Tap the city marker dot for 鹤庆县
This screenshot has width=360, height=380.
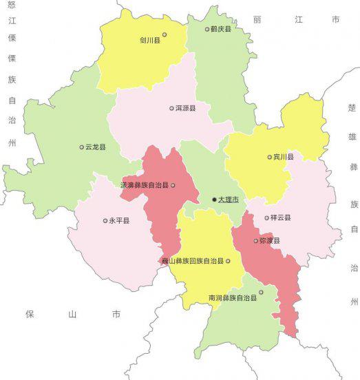pos(207,30)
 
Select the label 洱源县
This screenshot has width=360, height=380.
pos(186,108)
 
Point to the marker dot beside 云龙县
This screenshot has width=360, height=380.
pos(81,147)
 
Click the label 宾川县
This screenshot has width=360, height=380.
pos(284,157)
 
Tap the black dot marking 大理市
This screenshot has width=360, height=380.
pos(214,200)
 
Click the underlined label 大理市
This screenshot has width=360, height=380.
pos(229,200)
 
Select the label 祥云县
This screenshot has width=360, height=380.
pos(281,218)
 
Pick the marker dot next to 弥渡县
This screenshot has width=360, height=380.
pos(255,241)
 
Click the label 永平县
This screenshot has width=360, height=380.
pos(120,221)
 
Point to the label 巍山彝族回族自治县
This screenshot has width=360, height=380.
pos(193,262)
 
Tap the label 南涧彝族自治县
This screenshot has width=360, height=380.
pos(233,298)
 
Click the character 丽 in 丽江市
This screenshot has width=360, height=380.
pos(256,20)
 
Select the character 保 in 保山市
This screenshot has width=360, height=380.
pos(30,315)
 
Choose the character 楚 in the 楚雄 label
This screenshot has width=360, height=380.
pos(352,108)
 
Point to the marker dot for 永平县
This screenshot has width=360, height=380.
pos(105,221)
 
